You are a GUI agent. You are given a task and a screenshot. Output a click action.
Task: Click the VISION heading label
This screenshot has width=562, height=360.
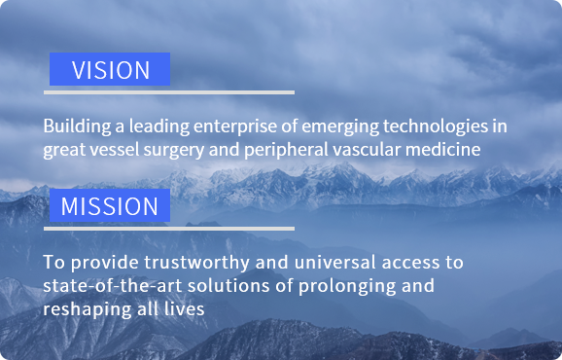point(110,70)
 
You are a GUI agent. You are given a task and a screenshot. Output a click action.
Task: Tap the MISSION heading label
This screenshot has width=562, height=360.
point(109,206)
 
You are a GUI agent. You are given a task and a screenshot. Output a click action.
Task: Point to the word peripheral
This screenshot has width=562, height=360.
point(274,150)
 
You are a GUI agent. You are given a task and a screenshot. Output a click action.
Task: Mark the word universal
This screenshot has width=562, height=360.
point(308,263)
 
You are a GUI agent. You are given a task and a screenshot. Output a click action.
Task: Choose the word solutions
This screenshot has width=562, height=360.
point(212,286)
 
